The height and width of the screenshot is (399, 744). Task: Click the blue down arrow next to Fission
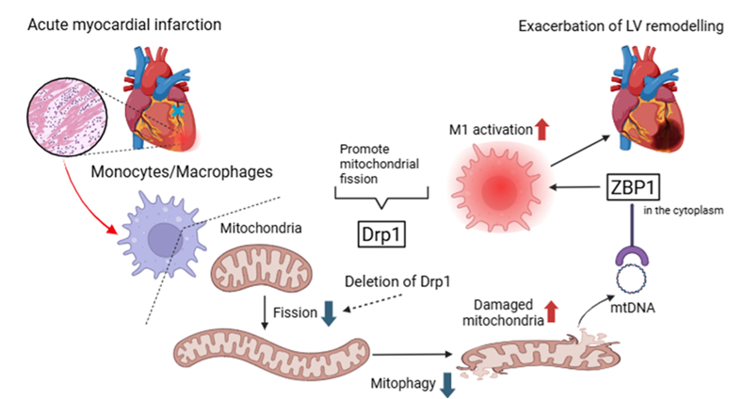pos(328,313)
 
